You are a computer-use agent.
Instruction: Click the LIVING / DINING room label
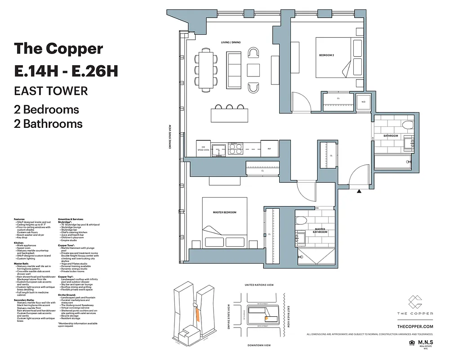[x=231, y=42]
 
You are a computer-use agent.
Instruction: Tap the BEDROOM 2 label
[x=326, y=55]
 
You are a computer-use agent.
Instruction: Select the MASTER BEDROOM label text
[x=224, y=212]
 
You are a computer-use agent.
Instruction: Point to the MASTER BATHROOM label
[x=320, y=230]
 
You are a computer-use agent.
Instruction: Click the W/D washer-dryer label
[x=363, y=101]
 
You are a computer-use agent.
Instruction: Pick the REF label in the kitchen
[x=269, y=148]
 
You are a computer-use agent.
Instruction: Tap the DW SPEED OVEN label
[x=203, y=148]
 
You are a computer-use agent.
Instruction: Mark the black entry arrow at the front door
[x=359, y=191]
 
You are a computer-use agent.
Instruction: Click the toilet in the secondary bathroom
[x=408, y=125]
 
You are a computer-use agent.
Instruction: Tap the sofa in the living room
[x=233, y=70]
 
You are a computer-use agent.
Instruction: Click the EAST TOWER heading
[x=51, y=90]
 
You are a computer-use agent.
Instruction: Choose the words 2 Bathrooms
[x=49, y=123]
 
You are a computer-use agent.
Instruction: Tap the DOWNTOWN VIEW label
[x=259, y=345]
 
